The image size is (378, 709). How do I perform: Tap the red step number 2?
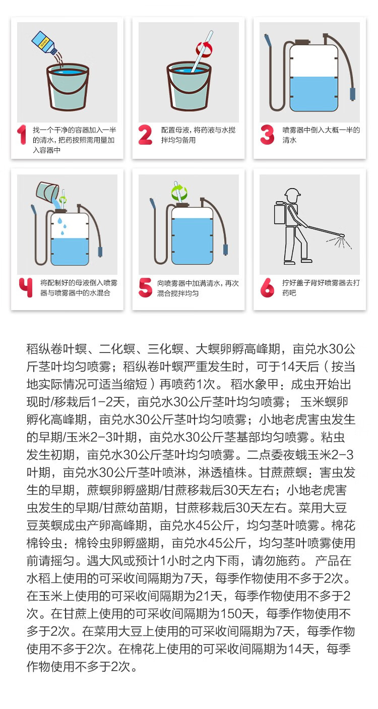[x=145, y=135]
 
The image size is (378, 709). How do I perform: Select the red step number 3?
[x=267, y=135]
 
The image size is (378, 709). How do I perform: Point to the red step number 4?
[x=26, y=287]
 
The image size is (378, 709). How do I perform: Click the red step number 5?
[x=145, y=287]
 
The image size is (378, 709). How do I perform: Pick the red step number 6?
[x=267, y=287]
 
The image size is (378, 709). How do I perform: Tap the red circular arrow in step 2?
[x=204, y=49]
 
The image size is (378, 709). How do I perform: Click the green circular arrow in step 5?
[x=179, y=192]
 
